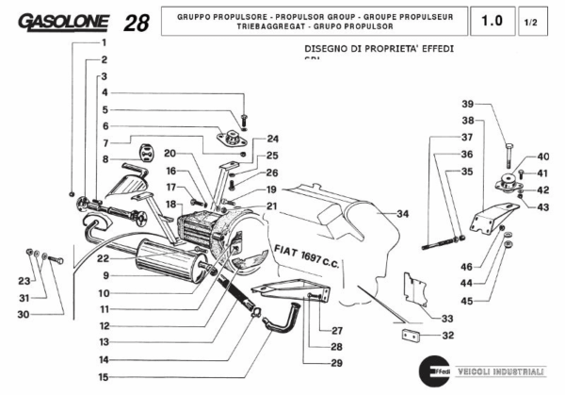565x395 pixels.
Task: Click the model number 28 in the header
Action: (135, 23)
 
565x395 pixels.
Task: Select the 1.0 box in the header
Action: (491, 21)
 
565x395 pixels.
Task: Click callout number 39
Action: (467, 104)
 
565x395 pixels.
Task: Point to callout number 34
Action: (403, 214)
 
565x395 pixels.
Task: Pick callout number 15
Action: (104, 377)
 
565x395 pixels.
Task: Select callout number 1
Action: (104, 43)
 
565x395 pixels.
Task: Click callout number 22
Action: (104, 258)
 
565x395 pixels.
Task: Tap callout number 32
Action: (447, 335)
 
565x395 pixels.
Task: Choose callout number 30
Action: (22, 315)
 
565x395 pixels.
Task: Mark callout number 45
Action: (467, 301)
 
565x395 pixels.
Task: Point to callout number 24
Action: (272, 139)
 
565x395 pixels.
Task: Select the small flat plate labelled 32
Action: (412, 334)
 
